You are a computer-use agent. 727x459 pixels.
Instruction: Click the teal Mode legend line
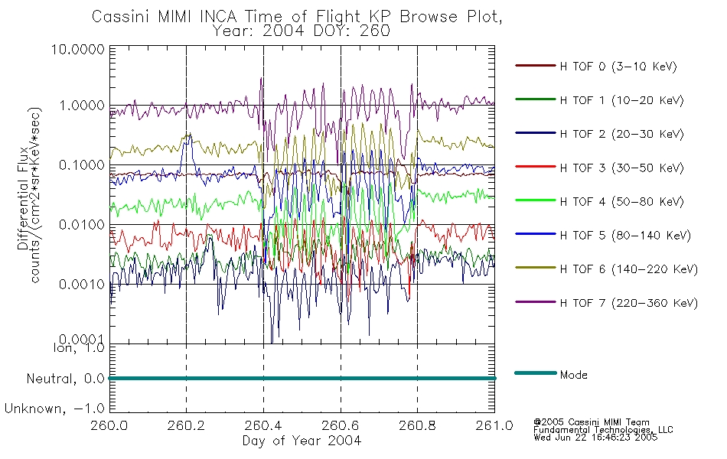click(x=536, y=373)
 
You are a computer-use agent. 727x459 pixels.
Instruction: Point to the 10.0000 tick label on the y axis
click(x=78, y=49)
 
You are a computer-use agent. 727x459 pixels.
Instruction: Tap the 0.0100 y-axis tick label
click(x=82, y=225)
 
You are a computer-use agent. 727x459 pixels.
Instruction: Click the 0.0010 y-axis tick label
click(x=82, y=285)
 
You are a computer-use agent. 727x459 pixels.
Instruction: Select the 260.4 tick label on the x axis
click(x=263, y=425)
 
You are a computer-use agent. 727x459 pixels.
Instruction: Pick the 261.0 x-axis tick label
click(x=494, y=425)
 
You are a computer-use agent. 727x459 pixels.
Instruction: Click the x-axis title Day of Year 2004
click(x=302, y=441)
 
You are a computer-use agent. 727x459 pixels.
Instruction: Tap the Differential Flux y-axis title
click(x=23, y=199)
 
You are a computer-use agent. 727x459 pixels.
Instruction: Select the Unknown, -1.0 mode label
click(x=54, y=409)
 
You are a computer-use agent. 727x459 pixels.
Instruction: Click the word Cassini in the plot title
click(x=121, y=17)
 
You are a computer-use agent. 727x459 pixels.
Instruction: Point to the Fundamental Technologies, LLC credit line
click(x=603, y=430)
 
